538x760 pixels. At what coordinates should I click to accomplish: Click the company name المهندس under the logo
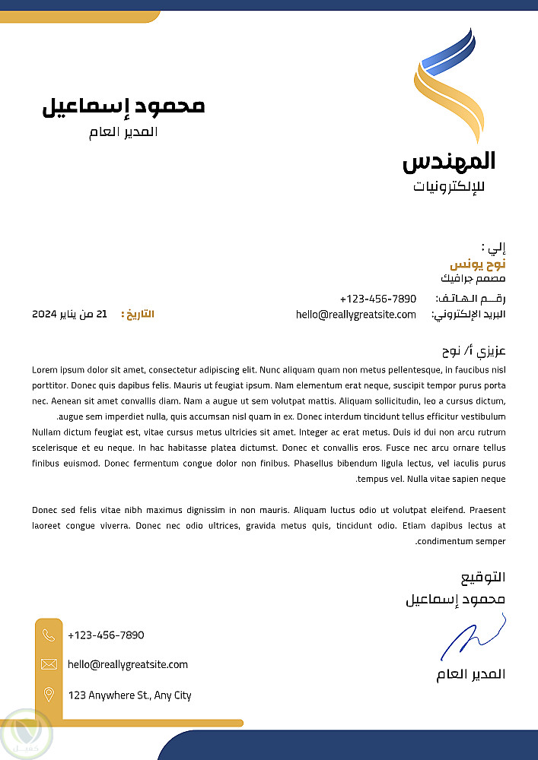click(x=449, y=161)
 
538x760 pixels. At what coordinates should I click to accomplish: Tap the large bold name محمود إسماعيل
click(x=123, y=106)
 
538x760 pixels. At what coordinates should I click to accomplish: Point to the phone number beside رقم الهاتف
click(x=378, y=299)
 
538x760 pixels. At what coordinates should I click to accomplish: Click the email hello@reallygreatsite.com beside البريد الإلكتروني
click(x=356, y=315)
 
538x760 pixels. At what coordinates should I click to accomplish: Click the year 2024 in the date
click(x=45, y=314)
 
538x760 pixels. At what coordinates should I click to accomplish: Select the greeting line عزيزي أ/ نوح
click(x=474, y=352)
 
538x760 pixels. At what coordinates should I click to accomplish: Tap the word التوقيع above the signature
click(x=483, y=578)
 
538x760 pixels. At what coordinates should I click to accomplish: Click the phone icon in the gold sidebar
click(x=49, y=635)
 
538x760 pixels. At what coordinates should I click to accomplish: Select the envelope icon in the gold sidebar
click(x=49, y=664)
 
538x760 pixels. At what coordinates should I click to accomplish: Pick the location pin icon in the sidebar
click(x=49, y=694)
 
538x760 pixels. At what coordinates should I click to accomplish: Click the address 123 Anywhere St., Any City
click(x=129, y=695)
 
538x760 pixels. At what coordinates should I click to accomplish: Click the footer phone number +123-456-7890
click(x=106, y=635)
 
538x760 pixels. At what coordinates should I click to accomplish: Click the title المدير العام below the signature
click(x=471, y=675)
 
